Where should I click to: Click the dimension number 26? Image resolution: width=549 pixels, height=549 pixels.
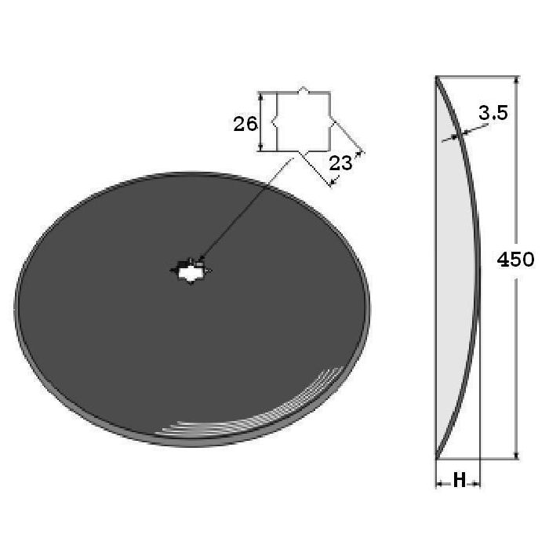click(x=245, y=124)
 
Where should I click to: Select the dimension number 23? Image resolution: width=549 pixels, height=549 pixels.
click(x=340, y=163)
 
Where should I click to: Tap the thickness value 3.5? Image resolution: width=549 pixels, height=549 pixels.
click(x=493, y=113)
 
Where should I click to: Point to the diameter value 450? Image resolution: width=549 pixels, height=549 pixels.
click(x=516, y=260)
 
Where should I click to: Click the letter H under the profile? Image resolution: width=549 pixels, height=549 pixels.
click(x=460, y=480)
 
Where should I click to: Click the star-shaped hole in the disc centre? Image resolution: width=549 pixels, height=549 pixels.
click(x=191, y=271)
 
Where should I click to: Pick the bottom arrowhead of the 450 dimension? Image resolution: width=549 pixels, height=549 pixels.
click(x=516, y=455)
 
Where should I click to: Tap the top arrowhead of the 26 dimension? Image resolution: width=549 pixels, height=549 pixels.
click(x=261, y=96)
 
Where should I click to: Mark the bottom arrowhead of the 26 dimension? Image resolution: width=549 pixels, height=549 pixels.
click(x=261, y=147)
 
